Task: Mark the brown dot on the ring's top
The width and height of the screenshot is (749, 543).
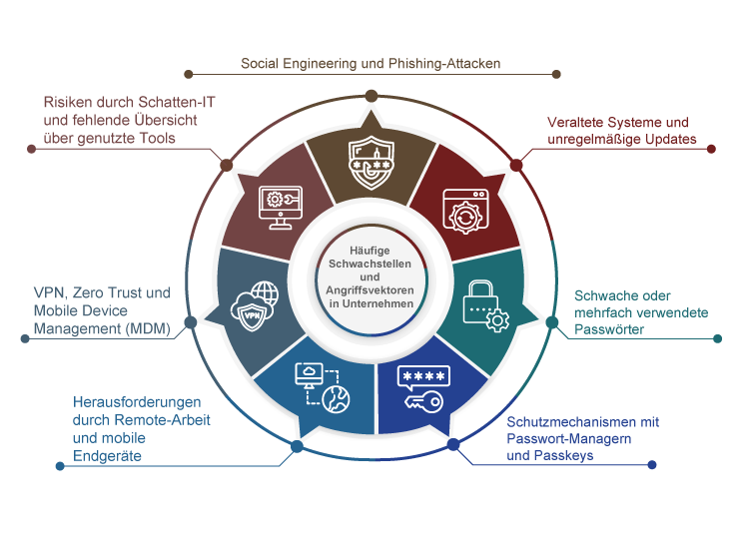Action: tap(371, 96)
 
